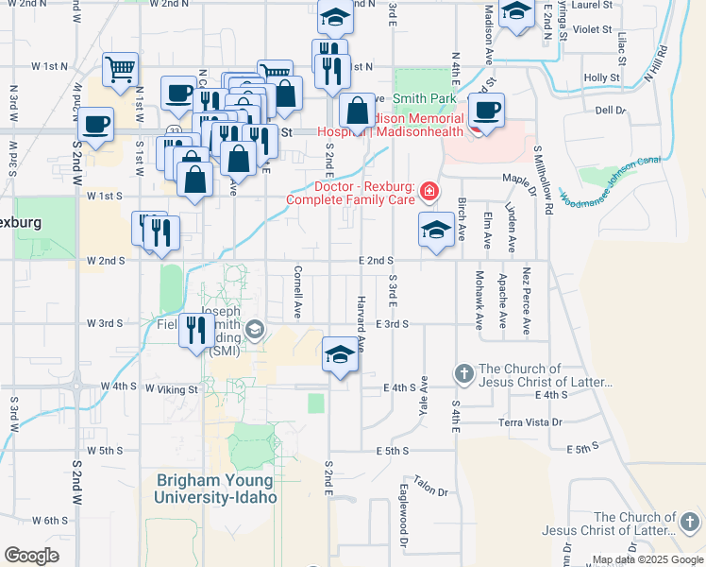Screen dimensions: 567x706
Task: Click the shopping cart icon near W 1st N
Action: tap(121, 68)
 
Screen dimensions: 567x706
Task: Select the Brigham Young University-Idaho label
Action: tap(217, 489)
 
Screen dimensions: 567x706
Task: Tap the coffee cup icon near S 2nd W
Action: tap(95, 125)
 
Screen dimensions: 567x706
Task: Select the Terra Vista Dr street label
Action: tap(529, 422)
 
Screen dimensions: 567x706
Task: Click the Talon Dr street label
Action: tap(429, 488)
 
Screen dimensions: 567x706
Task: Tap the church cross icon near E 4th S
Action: tap(463, 374)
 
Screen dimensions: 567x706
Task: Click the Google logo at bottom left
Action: tap(31, 556)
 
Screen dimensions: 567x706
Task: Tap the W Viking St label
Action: tap(171, 388)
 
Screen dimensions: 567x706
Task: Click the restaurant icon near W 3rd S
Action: tap(196, 330)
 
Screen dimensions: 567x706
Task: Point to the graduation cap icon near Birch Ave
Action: tap(435, 231)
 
